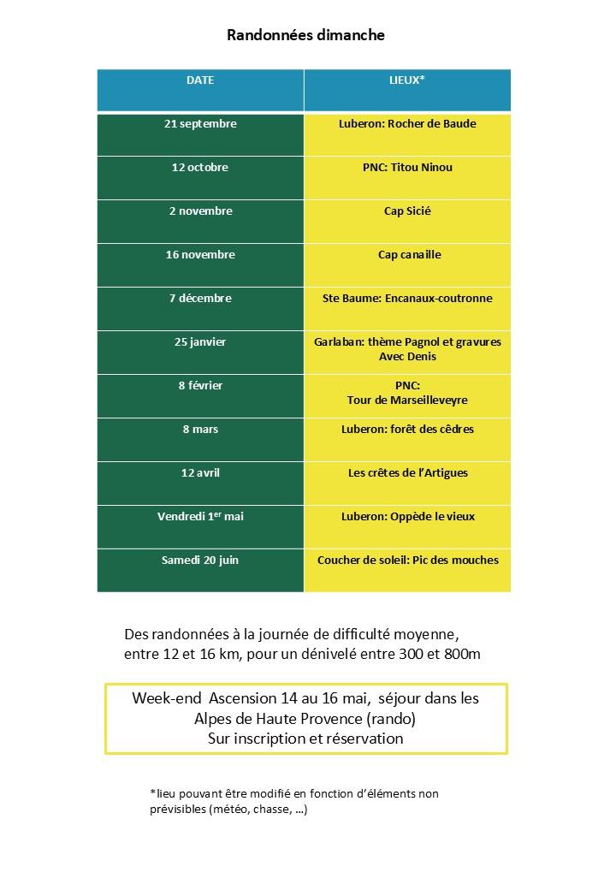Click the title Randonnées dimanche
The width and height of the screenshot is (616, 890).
coord(305,35)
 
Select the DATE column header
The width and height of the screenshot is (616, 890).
coord(200,80)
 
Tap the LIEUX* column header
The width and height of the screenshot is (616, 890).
coord(407,80)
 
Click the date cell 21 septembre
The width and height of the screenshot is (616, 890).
coord(200,124)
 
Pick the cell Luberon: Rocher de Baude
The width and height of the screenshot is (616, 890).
coord(407,124)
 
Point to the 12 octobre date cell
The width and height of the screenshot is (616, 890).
coord(200,168)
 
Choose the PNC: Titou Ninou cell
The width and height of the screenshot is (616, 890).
coord(407,168)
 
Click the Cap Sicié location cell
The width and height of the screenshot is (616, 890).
coord(407,211)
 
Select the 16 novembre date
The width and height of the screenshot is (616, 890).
coord(200,255)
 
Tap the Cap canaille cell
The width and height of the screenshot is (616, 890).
coord(407,255)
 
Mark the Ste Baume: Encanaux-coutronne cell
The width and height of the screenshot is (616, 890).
coord(407,299)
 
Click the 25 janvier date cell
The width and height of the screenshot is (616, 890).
coord(200,342)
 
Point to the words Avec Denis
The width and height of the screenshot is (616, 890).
coord(407,356)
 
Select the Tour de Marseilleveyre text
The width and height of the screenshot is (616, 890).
coord(407,400)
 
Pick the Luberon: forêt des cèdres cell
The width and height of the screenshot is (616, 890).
coord(407,430)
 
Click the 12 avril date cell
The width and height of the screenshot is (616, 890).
coord(200,473)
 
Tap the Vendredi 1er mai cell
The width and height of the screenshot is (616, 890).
coord(200,517)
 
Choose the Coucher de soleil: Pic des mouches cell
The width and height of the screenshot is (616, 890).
coord(407,561)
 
